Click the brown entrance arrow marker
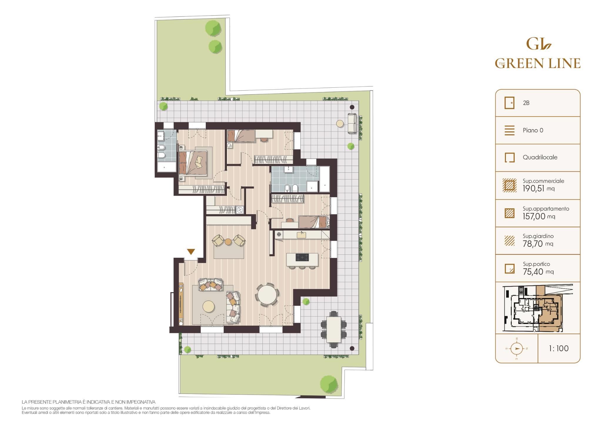click(191, 252)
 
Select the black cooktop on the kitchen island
click(302, 258)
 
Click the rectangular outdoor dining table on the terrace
click(334, 329)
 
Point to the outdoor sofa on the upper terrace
click(352, 123)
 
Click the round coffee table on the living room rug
click(209, 307)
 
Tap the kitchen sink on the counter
click(302, 234)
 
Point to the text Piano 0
click(533, 130)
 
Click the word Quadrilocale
click(540, 157)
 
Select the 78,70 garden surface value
click(538, 244)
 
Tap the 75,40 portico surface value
click(538, 272)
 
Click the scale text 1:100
click(558, 349)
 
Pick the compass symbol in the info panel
click(516, 349)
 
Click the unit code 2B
click(526, 103)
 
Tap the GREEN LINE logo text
click(538, 63)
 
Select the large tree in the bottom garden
click(329, 384)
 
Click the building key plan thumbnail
click(538, 308)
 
